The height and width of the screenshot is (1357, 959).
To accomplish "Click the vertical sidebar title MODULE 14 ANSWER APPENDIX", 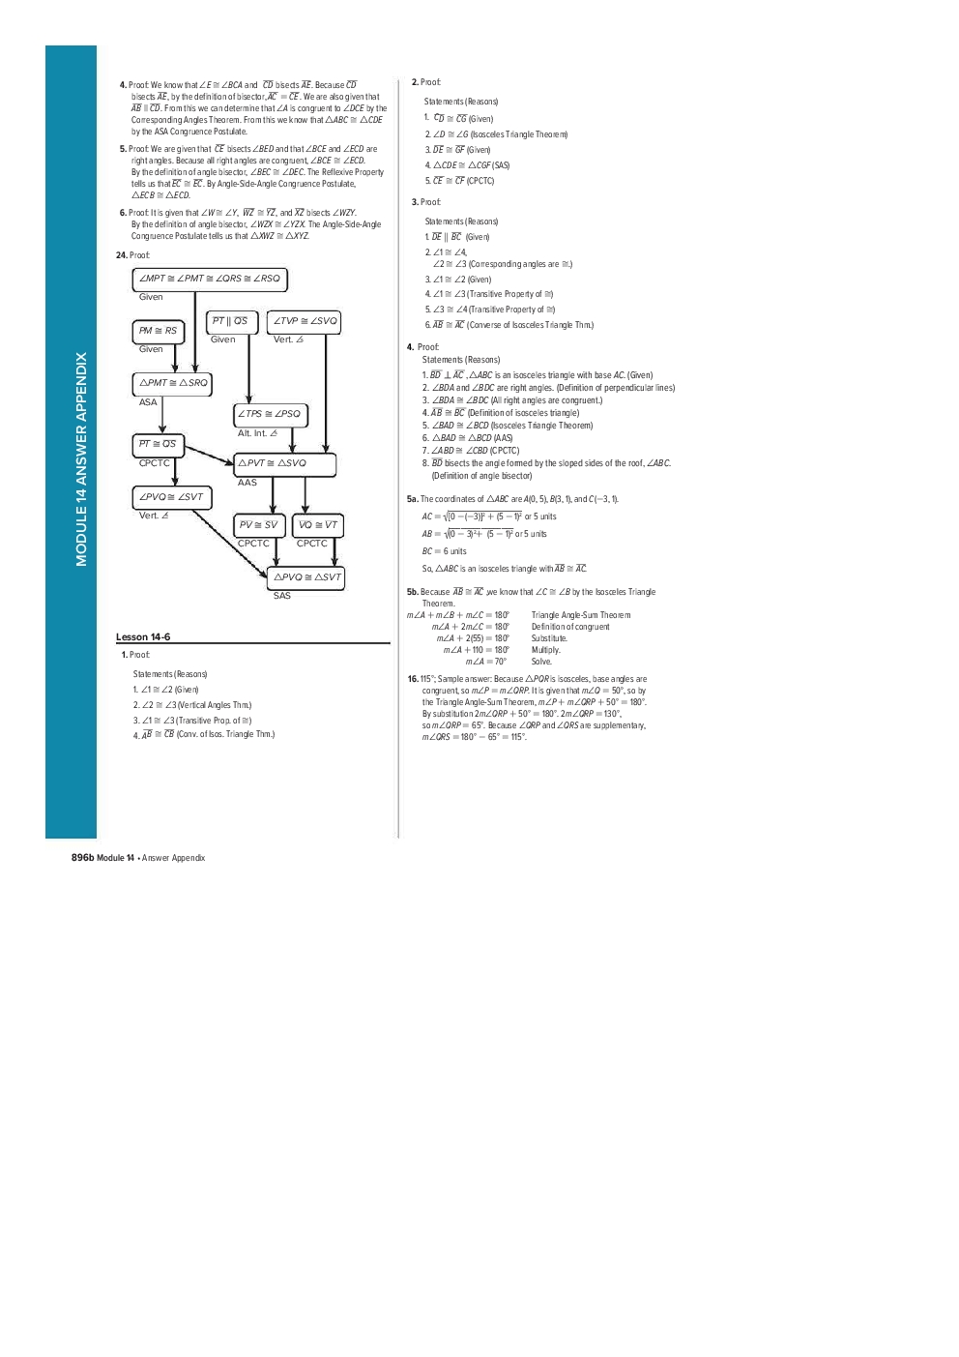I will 81,458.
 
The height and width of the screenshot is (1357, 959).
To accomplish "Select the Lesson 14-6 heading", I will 143,636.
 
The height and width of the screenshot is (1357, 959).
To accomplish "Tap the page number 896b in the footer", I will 82,858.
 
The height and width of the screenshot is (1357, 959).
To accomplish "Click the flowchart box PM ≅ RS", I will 158,331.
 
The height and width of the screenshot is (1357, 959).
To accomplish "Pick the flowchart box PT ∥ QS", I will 229,321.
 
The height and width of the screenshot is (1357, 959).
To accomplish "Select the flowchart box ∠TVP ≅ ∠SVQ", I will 305,321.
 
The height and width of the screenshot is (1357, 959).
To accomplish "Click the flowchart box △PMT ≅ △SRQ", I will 173,383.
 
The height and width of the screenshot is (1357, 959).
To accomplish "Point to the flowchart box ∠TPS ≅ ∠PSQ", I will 270,414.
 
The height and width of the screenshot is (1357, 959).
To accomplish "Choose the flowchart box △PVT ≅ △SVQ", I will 284,463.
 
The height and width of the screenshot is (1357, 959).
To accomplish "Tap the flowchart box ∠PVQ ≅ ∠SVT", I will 171,497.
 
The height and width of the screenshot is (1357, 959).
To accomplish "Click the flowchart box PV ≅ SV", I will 258,525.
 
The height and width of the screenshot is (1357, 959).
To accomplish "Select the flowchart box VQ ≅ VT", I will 318,525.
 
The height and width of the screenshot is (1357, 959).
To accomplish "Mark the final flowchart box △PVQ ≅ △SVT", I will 306,577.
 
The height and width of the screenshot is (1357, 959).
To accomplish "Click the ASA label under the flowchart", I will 148,402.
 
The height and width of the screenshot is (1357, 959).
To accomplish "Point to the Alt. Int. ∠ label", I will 257,433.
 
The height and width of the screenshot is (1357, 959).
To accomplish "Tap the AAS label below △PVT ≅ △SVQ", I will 247,483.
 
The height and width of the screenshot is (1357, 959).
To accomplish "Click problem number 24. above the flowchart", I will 121,255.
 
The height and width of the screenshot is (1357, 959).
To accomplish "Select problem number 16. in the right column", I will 413,679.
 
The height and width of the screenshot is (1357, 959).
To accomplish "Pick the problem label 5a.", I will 413,499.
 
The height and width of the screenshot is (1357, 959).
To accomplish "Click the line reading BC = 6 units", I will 444,551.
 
